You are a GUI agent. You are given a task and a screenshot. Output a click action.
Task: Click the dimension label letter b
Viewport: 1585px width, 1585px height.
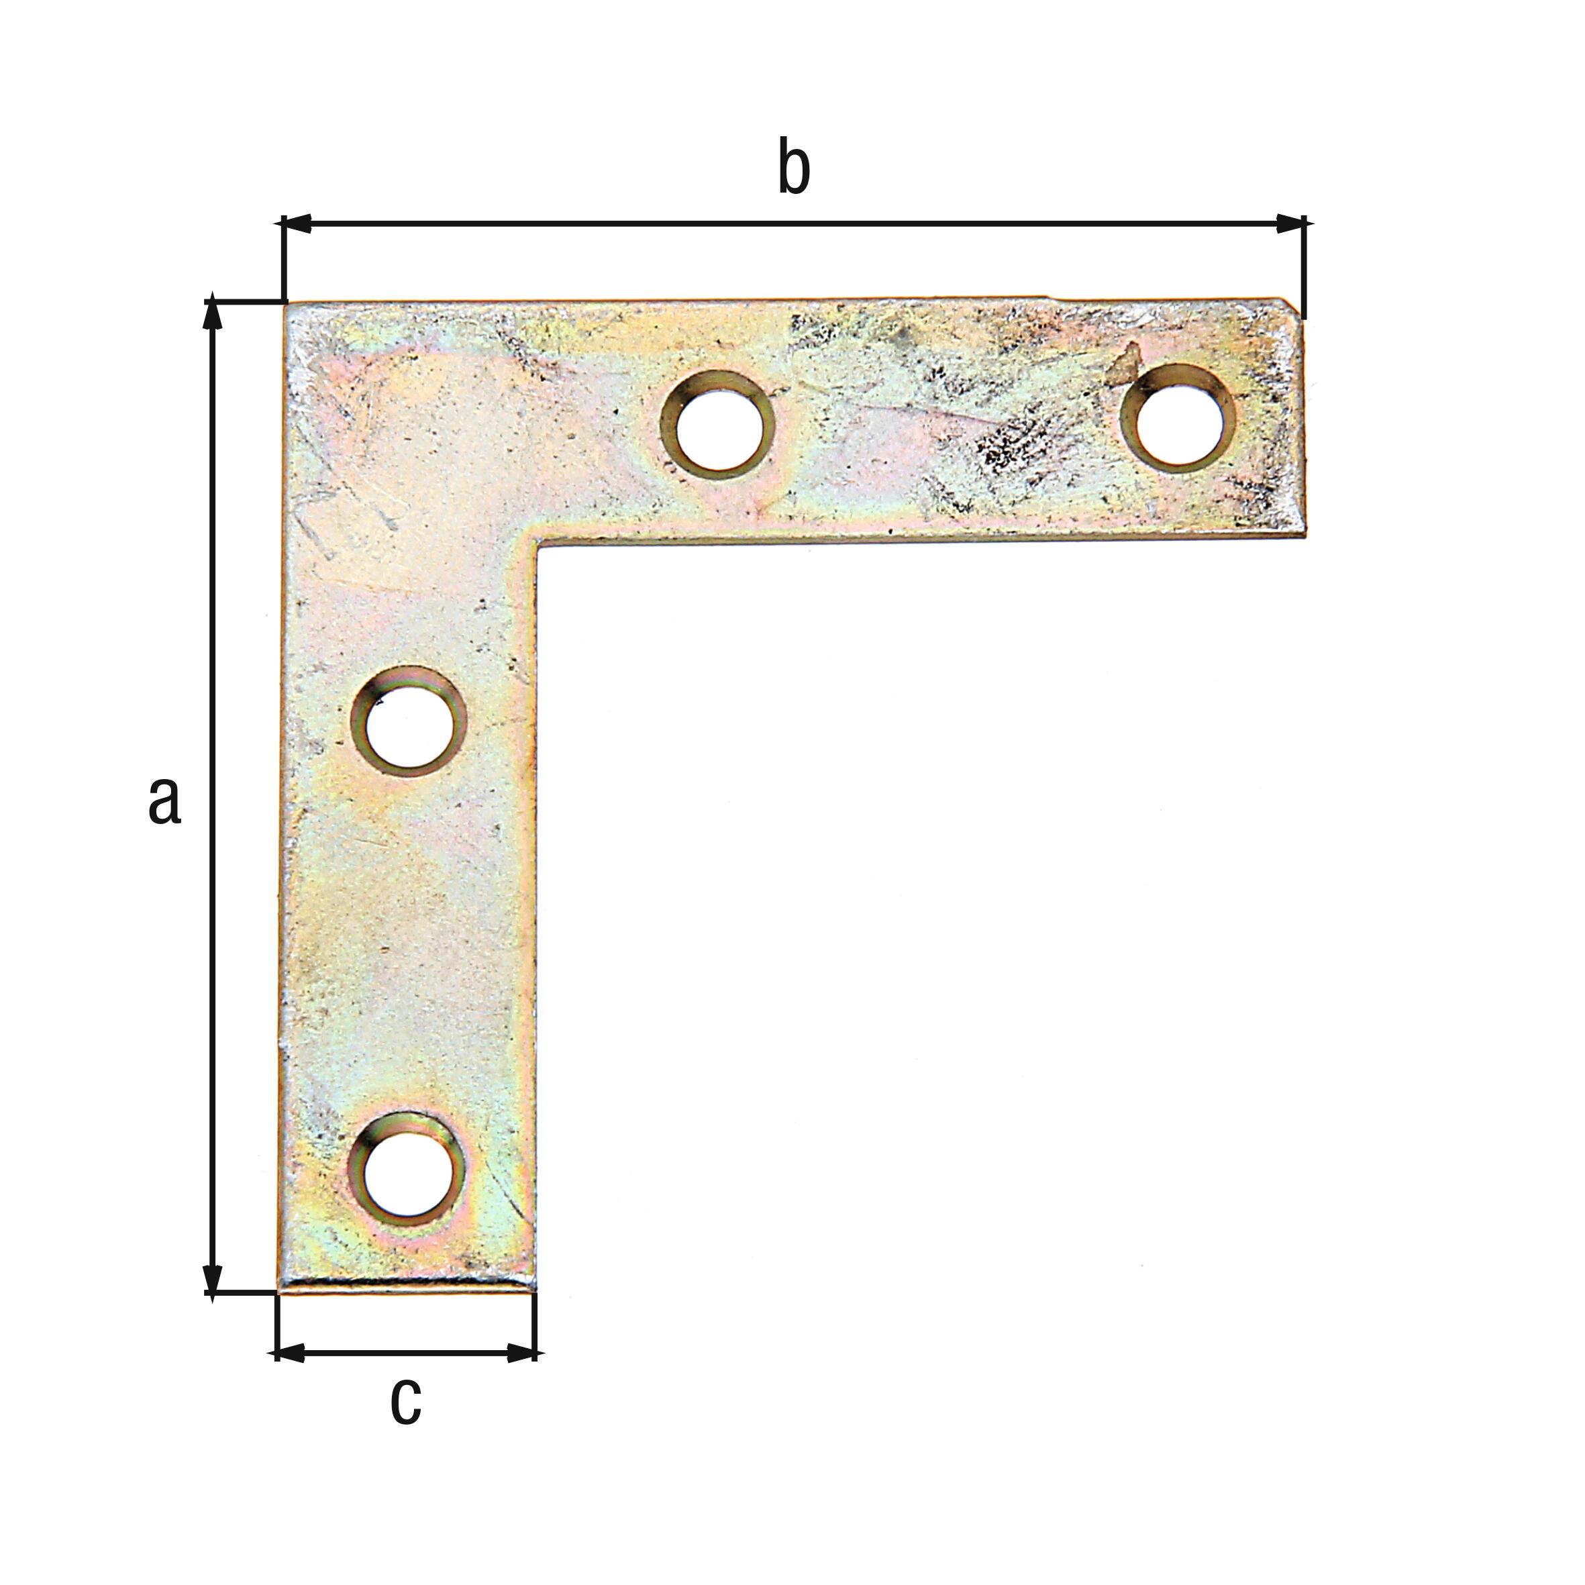793,168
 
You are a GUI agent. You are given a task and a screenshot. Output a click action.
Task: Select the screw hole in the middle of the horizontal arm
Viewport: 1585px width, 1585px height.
718,423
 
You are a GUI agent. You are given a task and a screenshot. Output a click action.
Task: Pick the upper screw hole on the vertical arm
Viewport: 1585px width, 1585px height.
409,722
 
